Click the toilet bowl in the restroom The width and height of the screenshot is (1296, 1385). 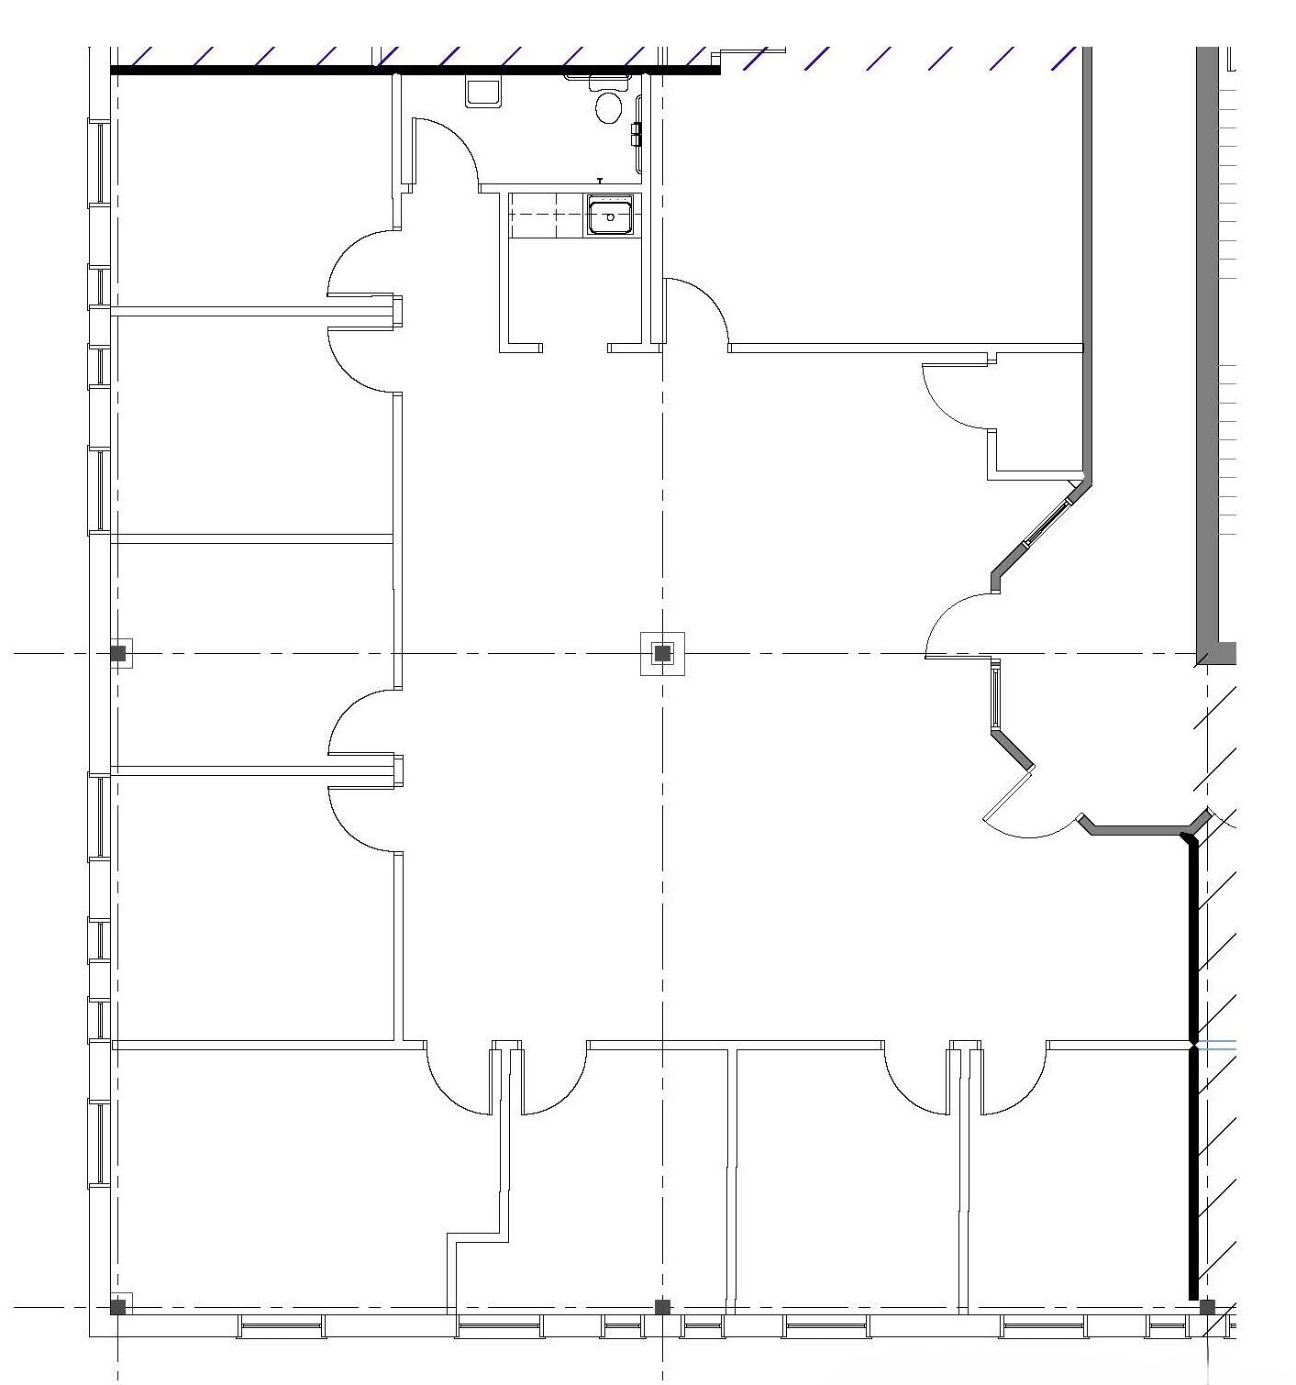[x=608, y=107]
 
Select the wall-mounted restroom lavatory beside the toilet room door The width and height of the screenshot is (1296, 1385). [x=482, y=92]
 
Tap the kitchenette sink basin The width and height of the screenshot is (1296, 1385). [x=610, y=217]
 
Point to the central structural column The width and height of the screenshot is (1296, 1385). [x=662, y=654]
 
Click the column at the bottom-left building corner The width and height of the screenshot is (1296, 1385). [x=118, y=1307]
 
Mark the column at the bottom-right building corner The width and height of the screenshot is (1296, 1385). [x=1207, y=1307]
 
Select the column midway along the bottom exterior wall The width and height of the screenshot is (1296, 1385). [x=662, y=1307]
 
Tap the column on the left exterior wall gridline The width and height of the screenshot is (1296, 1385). [x=118, y=654]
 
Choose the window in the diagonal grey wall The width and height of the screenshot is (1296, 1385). [x=1047, y=524]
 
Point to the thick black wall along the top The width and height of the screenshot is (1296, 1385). [x=413, y=70]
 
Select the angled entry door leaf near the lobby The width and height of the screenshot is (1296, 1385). [x=1008, y=793]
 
